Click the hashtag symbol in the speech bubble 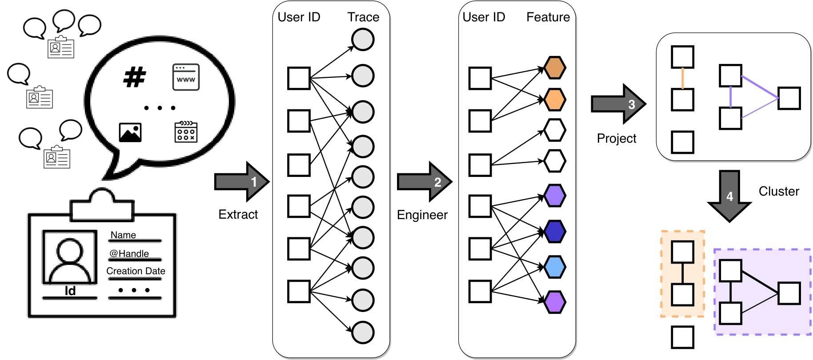(x=135, y=77)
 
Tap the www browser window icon (x=186, y=77)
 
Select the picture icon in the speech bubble (x=130, y=132)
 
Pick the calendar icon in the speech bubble (x=186, y=132)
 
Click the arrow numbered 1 (x=242, y=182)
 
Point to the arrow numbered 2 (x=425, y=182)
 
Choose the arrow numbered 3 (x=618, y=104)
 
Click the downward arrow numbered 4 (x=729, y=196)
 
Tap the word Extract (x=238, y=215)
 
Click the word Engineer (x=422, y=215)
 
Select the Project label (x=617, y=139)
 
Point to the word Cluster (x=779, y=192)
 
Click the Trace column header (x=363, y=17)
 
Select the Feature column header (x=548, y=17)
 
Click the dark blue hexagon (x=555, y=232)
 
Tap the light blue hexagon (x=555, y=267)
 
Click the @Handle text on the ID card (x=129, y=253)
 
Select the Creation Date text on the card (x=136, y=271)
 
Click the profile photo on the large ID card (x=70, y=257)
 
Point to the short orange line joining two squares (x=683, y=78)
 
